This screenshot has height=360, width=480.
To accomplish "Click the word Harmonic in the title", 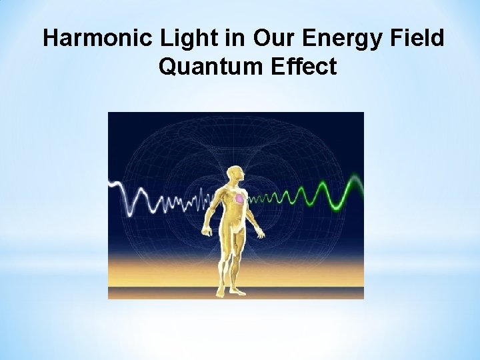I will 99,39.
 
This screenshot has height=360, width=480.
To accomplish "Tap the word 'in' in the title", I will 235,39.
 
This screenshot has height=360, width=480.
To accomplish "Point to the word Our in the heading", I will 273,39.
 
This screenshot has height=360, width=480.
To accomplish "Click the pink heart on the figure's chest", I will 239,199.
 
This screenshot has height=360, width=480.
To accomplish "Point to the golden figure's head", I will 235,159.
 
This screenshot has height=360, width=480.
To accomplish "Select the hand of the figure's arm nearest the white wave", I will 207,231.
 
